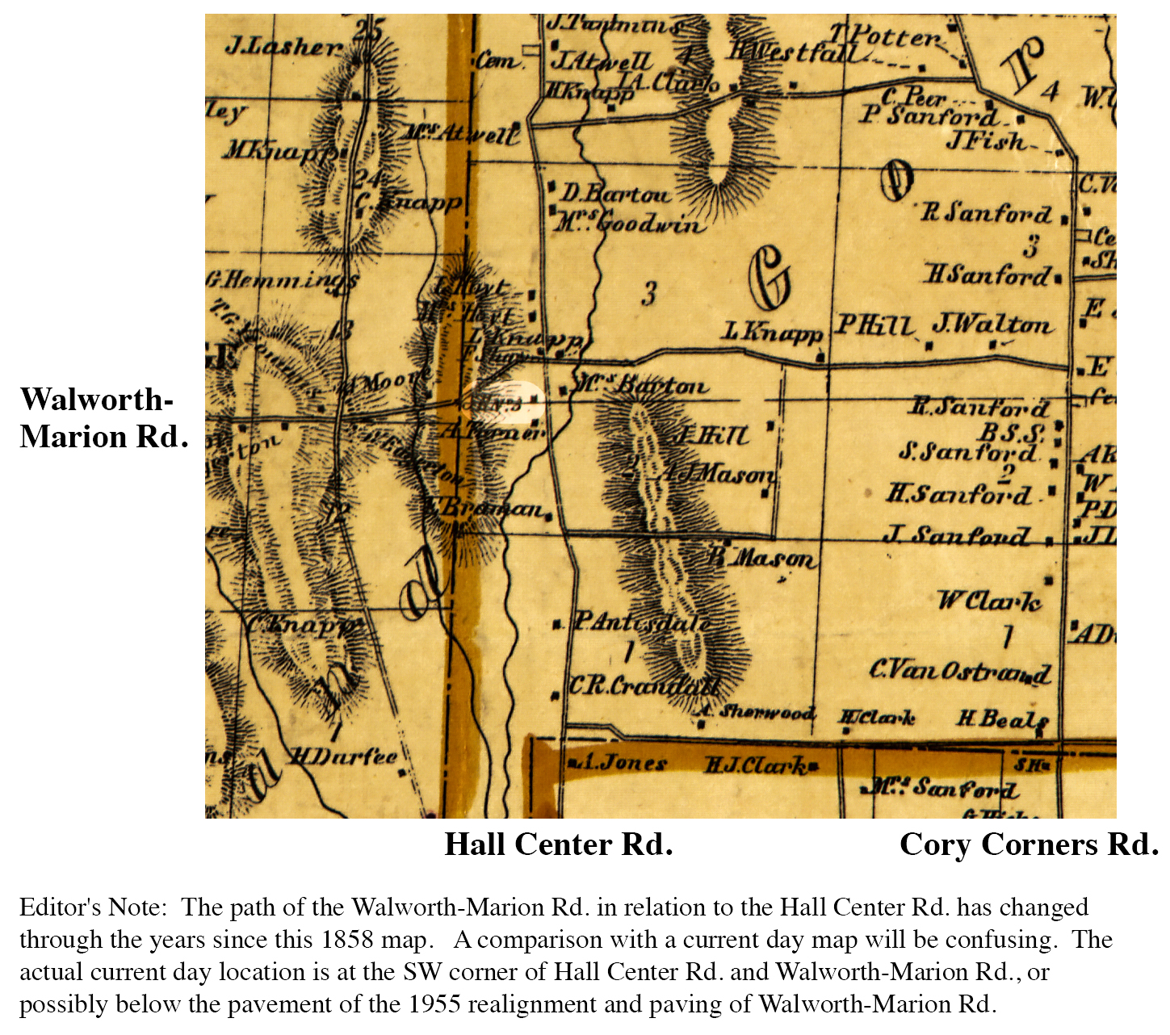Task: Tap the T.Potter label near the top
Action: pyautogui.click(x=886, y=36)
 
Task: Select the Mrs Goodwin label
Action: pyautogui.click(x=629, y=222)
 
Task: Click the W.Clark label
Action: pyautogui.click(x=988, y=601)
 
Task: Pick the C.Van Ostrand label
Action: pyautogui.click(x=959, y=670)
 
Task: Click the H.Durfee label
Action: pyautogui.click(x=344, y=756)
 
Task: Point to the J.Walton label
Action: pyautogui.click(x=992, y=325)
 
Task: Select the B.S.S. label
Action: pyautogui.click(x=1012, y=432)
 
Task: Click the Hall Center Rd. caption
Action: pyautogui.click(x=559, y=844)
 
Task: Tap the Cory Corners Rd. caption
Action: pyautogui.click(x=1029, y=844)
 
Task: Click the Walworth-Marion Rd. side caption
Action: pyautogui.click(x=103, y=418)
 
